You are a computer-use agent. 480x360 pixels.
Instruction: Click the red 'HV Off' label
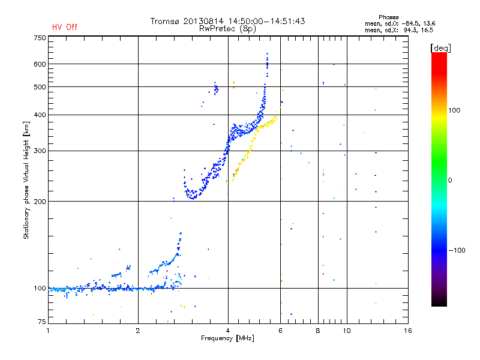tap(65, 27)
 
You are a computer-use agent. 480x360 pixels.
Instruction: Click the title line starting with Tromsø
tap(227, 21)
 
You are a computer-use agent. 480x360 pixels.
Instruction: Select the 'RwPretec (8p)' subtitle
tap(227, 28)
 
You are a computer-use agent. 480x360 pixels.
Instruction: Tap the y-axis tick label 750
tap(40, 38)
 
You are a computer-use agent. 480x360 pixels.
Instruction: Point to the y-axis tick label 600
tap(40, 64)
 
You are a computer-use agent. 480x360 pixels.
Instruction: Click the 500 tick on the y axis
tap(40, 87)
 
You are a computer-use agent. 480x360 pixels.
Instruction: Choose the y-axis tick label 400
tap(40, 115)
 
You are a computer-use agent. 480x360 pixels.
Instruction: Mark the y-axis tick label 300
tap(40, 151)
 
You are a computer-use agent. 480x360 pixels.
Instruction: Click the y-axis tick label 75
tap(41, 323)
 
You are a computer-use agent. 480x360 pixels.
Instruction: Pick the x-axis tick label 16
tap(407, 330)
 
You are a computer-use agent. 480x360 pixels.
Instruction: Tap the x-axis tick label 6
tap(280, 330)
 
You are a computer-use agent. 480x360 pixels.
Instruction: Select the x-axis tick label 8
tap(318, 330)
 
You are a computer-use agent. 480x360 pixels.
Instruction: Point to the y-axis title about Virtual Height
tap(26, 181)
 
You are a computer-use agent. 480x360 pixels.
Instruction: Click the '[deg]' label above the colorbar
tap(441, 47)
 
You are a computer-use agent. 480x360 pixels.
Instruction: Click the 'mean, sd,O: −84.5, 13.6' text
tap(399, 23)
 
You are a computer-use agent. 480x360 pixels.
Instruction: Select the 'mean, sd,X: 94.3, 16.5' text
tap(399, 29)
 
